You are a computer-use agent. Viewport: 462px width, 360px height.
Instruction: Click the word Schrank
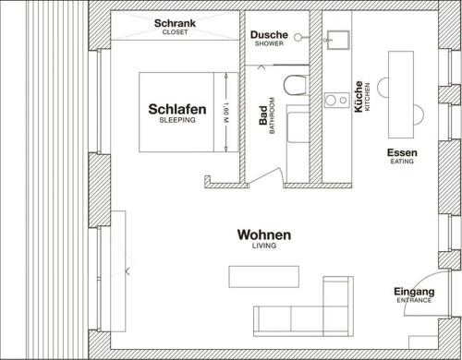pos(175,23)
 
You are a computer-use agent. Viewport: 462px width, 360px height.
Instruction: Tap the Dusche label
pos(269,35)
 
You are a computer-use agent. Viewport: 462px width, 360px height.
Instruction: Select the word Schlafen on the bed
pos(177,109)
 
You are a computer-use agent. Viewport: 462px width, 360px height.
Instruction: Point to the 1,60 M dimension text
pos(225,113)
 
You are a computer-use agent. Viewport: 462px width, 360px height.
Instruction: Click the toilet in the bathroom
pos(295,85)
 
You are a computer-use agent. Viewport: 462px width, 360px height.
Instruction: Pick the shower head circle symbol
pos(298,37)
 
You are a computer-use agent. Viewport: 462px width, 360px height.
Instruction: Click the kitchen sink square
pos(338,40)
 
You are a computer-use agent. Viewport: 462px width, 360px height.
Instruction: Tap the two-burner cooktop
pos(337,100)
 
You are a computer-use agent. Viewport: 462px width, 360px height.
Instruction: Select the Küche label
pos(359,97)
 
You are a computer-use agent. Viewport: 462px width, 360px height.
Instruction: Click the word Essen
pos(402,152)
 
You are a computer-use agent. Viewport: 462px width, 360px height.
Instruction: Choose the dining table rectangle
pos(401,95)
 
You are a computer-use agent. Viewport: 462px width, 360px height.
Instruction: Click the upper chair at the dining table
pos(383,88)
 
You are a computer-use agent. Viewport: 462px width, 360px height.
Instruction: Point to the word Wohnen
pos(264,234)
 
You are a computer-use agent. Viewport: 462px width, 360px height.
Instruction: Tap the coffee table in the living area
pos(263,277)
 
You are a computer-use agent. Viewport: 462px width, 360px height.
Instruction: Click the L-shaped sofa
pos(303,321)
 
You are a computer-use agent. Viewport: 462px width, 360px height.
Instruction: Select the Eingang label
pos(414,292)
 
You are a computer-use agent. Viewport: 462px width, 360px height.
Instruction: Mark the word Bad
pos(263,115)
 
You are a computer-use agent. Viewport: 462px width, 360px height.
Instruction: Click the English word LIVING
pos(264,246)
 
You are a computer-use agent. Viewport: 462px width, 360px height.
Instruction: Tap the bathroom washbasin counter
pos(298,143)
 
